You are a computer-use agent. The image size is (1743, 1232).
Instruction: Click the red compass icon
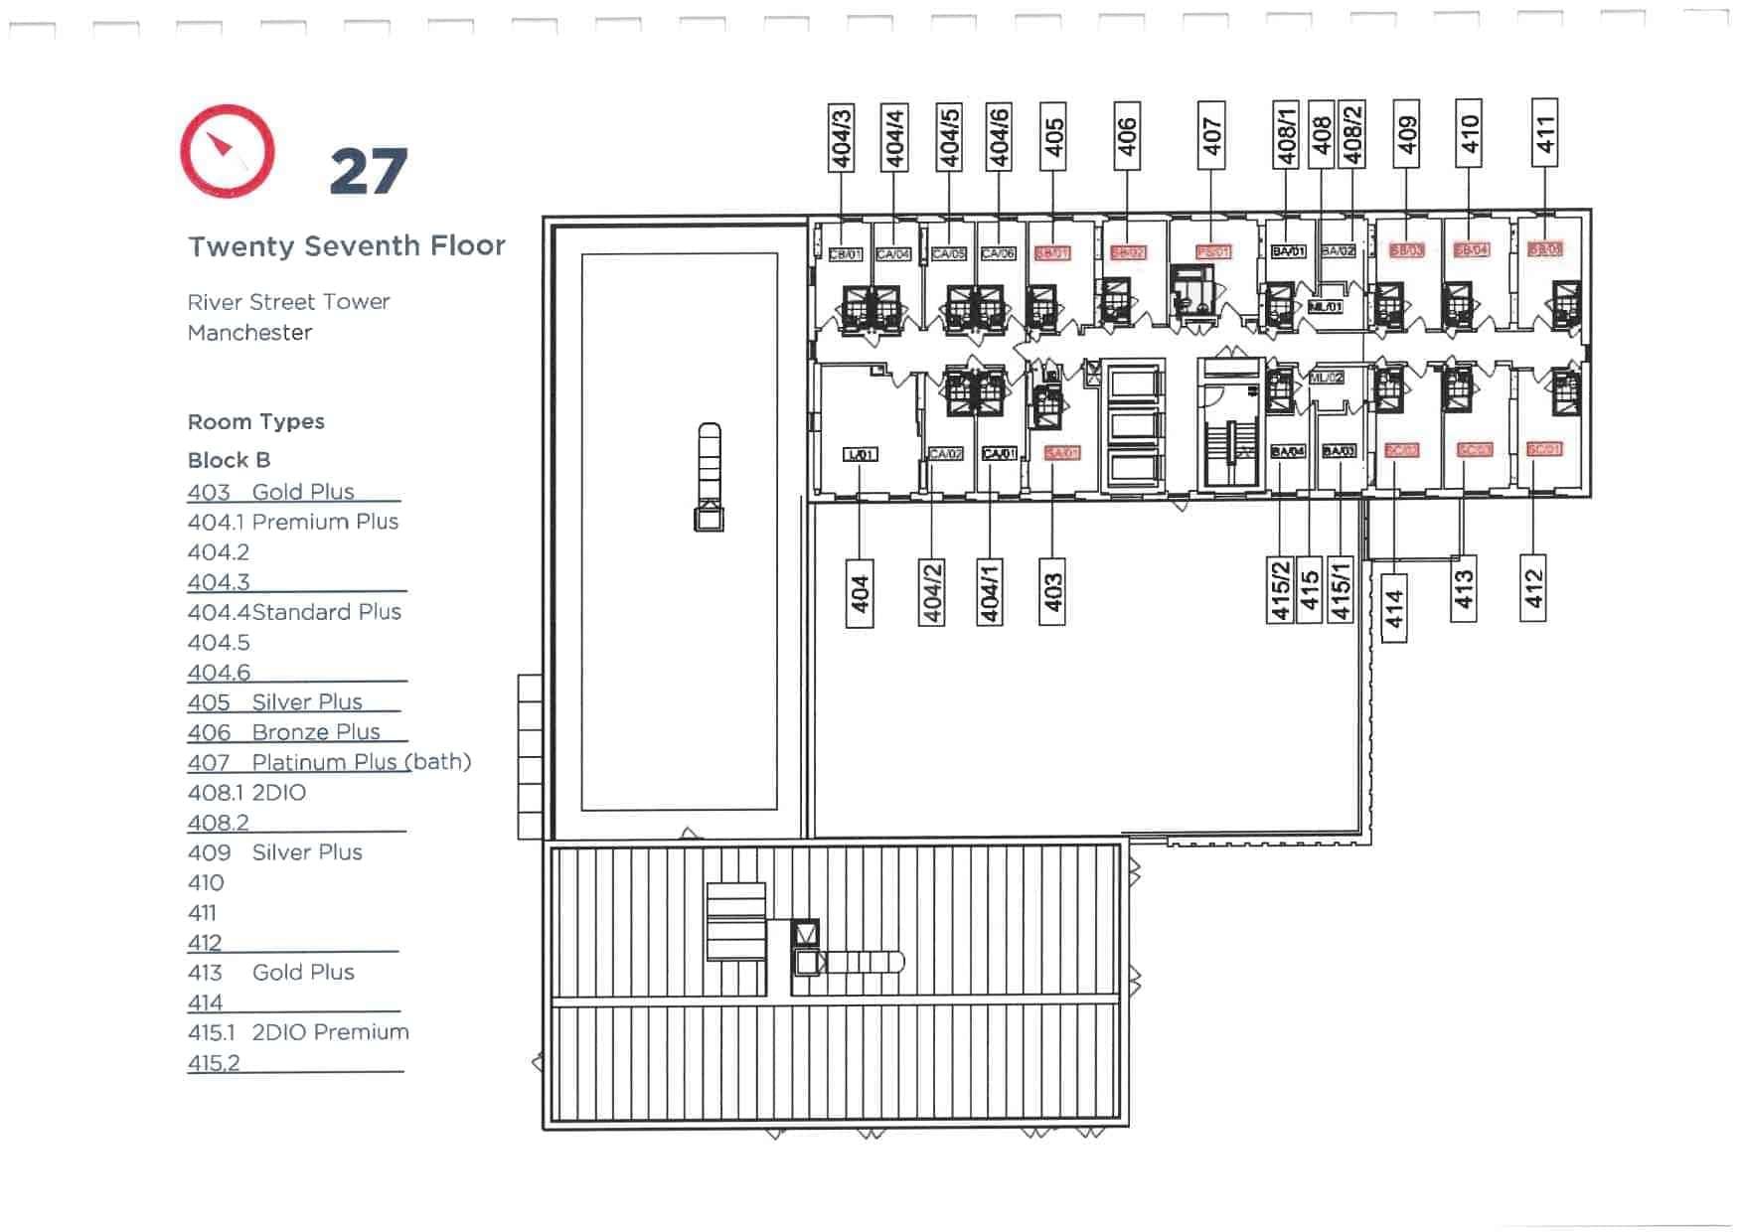(228, 151)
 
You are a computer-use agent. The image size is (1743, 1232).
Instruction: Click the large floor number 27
(369, 172)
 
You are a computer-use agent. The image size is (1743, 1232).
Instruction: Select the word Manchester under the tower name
(249, 333)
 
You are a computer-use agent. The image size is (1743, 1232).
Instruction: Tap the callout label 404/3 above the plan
(842, 137)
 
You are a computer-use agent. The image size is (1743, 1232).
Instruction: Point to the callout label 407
(1211, 135)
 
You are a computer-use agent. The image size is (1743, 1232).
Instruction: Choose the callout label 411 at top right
(1544, 133)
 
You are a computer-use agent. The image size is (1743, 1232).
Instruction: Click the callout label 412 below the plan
(1533, 588)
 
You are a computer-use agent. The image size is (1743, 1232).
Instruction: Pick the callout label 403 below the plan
(1052, 592)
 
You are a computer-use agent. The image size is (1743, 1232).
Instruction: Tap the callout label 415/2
(1280, 590)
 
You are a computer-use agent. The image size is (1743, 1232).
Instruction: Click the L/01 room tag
(860, 454)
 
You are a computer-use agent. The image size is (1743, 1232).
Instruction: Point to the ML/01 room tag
(1326, 307)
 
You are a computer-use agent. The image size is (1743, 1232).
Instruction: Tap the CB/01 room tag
(845, 254)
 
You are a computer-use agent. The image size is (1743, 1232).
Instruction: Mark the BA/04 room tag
(1287, 451)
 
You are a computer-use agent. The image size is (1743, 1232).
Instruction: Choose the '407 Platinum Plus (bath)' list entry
(329, 762)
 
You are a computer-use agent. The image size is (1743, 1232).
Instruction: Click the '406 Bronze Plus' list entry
(284, 732)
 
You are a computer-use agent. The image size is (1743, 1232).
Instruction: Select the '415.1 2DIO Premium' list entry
(298, 1032)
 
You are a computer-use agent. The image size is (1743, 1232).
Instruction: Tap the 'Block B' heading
(229, 460)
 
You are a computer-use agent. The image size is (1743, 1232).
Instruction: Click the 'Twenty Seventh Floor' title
(347, 245)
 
